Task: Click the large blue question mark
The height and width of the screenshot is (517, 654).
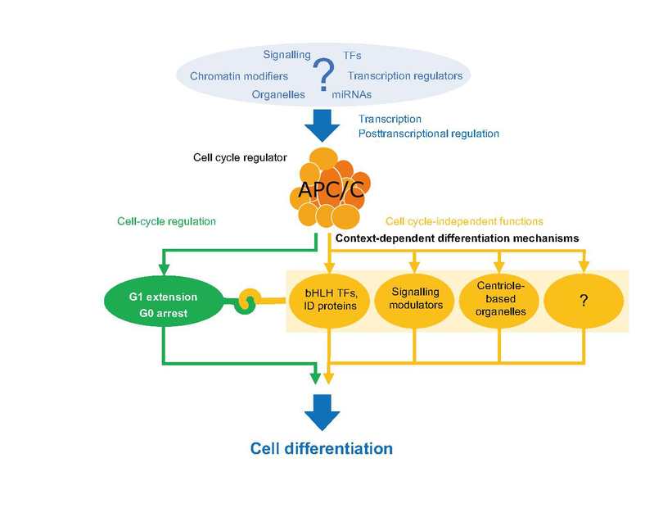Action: click(x=323, y=75)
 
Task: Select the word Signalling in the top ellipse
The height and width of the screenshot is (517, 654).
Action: click(x=286, y=55)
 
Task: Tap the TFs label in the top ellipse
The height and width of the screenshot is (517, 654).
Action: click(x=352, y=55)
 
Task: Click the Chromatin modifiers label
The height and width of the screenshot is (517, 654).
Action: click(x=239, y=76)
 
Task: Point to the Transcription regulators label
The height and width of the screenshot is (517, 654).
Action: click(x=405, y=75)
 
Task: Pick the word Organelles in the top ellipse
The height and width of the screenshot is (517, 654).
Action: click(x=278, y=94)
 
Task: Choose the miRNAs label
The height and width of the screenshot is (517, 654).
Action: click(x=352, y=95)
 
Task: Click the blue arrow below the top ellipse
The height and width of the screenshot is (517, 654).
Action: click(x=322, y=125)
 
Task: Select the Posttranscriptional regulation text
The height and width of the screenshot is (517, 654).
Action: click(x=429, y=134)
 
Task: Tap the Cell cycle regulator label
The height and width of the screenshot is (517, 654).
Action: click(x=240, y=157)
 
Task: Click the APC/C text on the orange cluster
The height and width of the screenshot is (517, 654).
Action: click(x=332, y=189)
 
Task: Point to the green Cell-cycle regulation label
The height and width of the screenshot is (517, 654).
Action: click(x=166, y=221)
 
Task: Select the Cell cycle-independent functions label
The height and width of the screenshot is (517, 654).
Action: click(x=464, y=221)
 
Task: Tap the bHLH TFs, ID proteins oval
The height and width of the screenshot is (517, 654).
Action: click(x=331, y=301)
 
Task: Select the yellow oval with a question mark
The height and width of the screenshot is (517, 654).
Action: click(x=584, y=301)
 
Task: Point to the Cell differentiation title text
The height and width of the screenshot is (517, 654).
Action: click(x=322, y=448)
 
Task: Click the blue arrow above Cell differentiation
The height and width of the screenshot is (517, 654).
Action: click(x=322, y=413)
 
